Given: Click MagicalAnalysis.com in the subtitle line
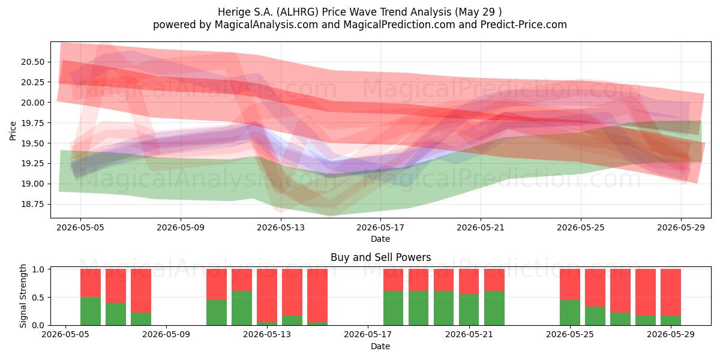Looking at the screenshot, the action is [x=266, y=25].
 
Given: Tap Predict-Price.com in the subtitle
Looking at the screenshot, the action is [x=524, y=25].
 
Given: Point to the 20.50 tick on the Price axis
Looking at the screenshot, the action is [x=33, y=62].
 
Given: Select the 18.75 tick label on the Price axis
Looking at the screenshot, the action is [x=33, y=204].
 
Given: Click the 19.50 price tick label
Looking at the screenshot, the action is [x=33, y=143].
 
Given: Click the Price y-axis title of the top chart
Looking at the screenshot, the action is [x=13, y=131].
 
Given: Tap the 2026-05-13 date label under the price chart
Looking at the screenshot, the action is [x=281, y=227].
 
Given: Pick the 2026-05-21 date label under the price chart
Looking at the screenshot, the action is [x=481, y=227].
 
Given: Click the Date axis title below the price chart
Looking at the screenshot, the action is [x=380, y=239].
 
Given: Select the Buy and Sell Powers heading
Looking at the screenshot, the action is [x=380, y=257].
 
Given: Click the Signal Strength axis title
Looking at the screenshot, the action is [x=23, y=296].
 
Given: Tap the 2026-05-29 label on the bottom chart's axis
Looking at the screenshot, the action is [x=671, y=335].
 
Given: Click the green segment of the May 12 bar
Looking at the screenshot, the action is [x=242, y=308].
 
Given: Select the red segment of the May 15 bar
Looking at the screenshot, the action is [x=317, y=295].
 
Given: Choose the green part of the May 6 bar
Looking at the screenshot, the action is [x=91, y=311].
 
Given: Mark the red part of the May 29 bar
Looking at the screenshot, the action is [x=671, y=293].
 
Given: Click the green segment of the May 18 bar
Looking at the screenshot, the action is [x=393, y=308].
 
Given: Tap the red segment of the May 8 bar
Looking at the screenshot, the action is [x=141, y=291].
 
